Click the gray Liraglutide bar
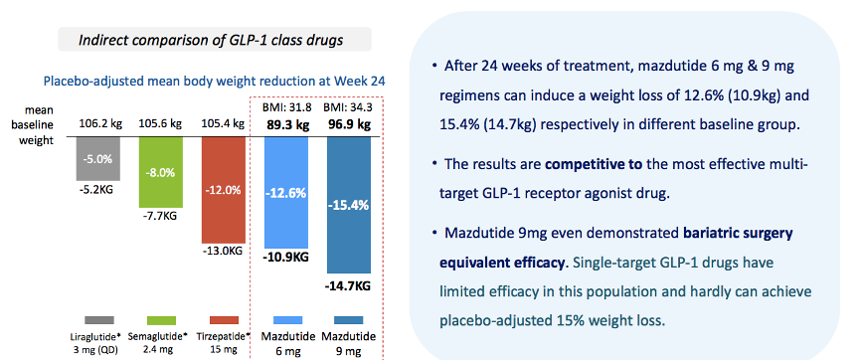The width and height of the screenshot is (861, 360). [97, 158]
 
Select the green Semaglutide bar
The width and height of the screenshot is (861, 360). [160, 172]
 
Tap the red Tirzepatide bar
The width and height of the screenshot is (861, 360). [223, 190]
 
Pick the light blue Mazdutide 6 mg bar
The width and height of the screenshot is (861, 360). [286, 192]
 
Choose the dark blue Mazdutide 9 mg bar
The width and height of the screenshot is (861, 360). [349, 205]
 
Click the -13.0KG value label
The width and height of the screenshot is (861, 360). [224, 251]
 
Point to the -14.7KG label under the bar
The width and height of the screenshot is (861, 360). [349, 285]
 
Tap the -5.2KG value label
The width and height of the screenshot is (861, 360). [97, 189]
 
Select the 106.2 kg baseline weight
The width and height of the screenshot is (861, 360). [100, 123]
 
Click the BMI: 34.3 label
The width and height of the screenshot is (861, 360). [349, 106]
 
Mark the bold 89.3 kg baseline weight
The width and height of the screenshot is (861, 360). [285, 123]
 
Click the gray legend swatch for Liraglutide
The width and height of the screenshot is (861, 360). [99, 320]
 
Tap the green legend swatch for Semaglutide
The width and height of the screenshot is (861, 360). [161, 320]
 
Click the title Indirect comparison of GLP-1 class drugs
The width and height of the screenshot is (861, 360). [212, 40]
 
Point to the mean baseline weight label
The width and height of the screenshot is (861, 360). [37, 125]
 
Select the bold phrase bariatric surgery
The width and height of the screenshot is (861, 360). [739, 234]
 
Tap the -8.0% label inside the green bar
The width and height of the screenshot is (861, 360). [160, 172]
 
